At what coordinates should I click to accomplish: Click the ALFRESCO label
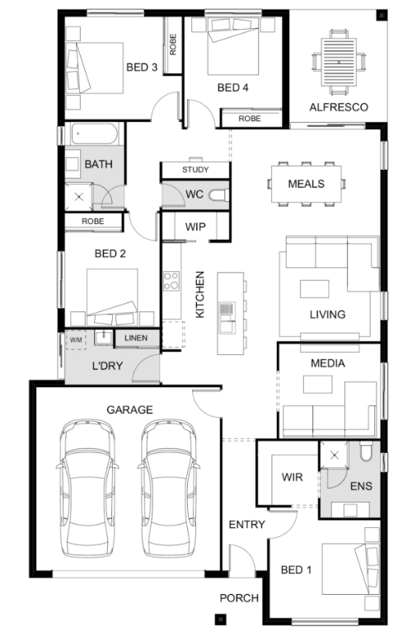(339, 107)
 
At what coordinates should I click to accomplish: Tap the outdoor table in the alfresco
(339, 62)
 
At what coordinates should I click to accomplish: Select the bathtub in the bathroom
(95, 133)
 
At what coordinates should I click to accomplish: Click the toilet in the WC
(218, 195)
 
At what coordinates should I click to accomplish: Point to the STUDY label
(195, 170)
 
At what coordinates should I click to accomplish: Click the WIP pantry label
(195, 227)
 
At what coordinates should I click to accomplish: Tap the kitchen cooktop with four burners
(171, 280)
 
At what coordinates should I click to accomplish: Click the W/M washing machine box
(76, 339)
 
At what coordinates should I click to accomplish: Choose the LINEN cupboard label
(136, 338)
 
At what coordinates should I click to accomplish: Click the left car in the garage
(87, 488)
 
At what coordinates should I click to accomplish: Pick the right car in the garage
(169, 488)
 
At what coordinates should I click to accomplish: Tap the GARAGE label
(129, 409)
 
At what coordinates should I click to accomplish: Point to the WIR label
(293, 477)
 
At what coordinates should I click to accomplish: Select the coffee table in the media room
(317, 384)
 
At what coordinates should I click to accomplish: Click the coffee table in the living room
(314, 289)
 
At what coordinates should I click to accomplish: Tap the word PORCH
(239, 598)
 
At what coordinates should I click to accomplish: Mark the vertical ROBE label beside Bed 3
(173, 44)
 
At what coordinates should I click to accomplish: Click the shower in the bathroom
(79, 197)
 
